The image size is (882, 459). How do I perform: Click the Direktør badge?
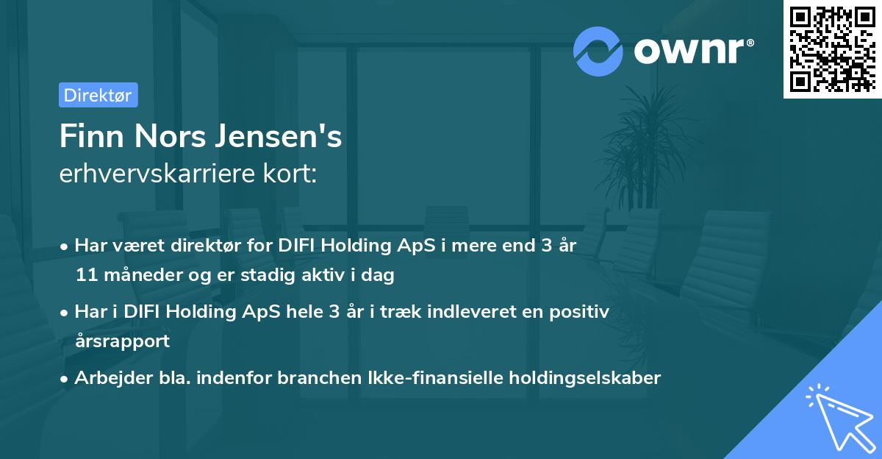(x=98, y=95)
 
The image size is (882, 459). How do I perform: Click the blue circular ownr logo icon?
(x=598, y=51)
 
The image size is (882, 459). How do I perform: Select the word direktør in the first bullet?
(x=201, y=246)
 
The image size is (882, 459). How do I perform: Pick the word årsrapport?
(x=122, y=341)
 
